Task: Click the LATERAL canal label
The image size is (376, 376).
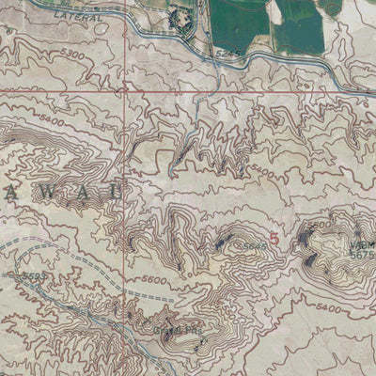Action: click(70, 16)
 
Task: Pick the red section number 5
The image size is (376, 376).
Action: click(274, 239)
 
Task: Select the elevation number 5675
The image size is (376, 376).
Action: click(361, 254)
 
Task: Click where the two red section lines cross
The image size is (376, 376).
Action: click(125, 92)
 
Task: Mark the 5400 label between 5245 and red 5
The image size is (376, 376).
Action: click(264, 174)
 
